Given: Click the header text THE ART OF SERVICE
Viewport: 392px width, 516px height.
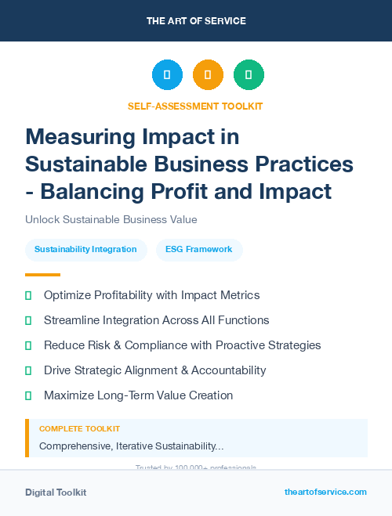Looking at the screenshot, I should click(x=196, y=21).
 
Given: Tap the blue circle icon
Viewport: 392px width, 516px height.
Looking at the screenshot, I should click(x=167, y=75).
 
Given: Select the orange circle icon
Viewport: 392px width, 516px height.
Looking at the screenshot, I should click(x=208, y=75).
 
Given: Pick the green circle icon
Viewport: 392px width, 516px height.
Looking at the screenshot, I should click(x=249, y=75).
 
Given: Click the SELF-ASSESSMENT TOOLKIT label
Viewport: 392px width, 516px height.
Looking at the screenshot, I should click(x=196, y=106).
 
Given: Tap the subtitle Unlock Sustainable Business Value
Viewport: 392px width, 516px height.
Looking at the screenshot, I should click(x=111, y=219).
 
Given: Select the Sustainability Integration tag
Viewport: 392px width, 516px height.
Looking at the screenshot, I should click(x=86, y=250).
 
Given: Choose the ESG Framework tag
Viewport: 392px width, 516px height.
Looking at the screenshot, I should click(x=199, y=250).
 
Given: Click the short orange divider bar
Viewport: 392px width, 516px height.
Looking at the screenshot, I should click(x=42, y=275).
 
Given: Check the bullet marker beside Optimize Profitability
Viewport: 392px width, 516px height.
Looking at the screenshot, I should click(x=28, y=296).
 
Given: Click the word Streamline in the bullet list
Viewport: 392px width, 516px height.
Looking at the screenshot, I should click(x=72, y=320).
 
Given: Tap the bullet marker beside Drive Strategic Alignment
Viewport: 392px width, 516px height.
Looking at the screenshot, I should click(x=28, y=370).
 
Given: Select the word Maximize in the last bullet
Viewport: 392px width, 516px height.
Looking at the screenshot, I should click(x=70, y=395).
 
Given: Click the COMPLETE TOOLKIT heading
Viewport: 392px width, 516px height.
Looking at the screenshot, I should click(x=79, y=429).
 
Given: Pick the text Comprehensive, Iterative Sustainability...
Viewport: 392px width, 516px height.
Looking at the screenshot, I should click(x=131, y=446).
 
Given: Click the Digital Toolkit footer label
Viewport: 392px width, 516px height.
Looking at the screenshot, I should click(x=56, y=493).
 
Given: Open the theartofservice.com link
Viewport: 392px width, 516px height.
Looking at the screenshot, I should click(x=325, y=492).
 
